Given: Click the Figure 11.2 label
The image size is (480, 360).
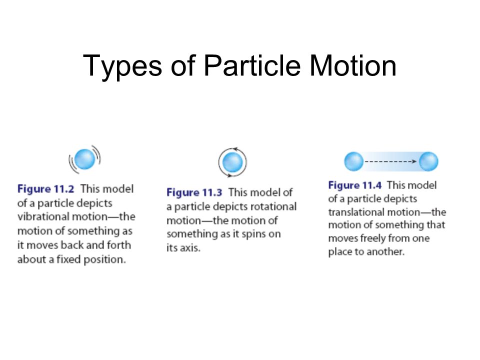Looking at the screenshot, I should click(47, 189).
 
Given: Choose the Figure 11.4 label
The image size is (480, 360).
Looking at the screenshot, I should click(355, 185).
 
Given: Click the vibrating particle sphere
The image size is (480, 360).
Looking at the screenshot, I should click(85, 159).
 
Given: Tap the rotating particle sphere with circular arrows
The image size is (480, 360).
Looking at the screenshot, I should click(232, 162).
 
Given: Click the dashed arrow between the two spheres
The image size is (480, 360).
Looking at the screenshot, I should click(390, 161).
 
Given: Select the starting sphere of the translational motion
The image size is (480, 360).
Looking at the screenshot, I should click(353, 161).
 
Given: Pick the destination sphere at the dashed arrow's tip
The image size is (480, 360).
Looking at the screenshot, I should click(428, 161).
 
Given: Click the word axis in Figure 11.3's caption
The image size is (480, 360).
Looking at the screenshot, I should click(190, 248).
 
